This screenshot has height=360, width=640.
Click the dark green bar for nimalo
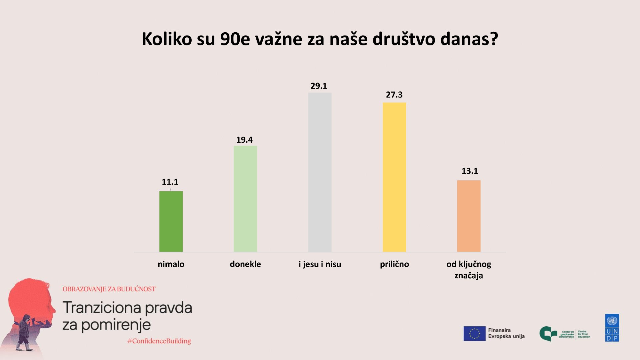point(171,221)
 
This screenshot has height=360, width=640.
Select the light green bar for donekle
point(245,199)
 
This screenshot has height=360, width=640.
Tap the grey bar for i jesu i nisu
point(320,172)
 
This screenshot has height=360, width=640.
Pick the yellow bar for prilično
point(394,177)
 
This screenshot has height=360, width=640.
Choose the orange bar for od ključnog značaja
point(469,216)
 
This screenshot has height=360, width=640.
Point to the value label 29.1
point(319,86)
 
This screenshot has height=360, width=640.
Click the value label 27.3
point(394,95)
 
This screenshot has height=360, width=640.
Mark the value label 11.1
point(170,182)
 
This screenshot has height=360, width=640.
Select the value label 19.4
point(244,140)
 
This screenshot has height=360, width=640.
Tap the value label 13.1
point(470,171)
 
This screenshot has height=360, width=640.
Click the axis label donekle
point(245,264)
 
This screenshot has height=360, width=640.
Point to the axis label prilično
point(394,264)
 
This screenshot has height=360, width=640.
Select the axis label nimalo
point(171,264)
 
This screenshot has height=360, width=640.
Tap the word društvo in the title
point(404,39)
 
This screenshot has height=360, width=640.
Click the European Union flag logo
point(474,333)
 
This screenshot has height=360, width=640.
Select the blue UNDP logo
point(612,328)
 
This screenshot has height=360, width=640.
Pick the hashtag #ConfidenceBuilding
point(159,341)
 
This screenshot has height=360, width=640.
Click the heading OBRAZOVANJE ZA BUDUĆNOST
point(109,289)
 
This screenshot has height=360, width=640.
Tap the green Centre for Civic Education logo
point(548,334)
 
